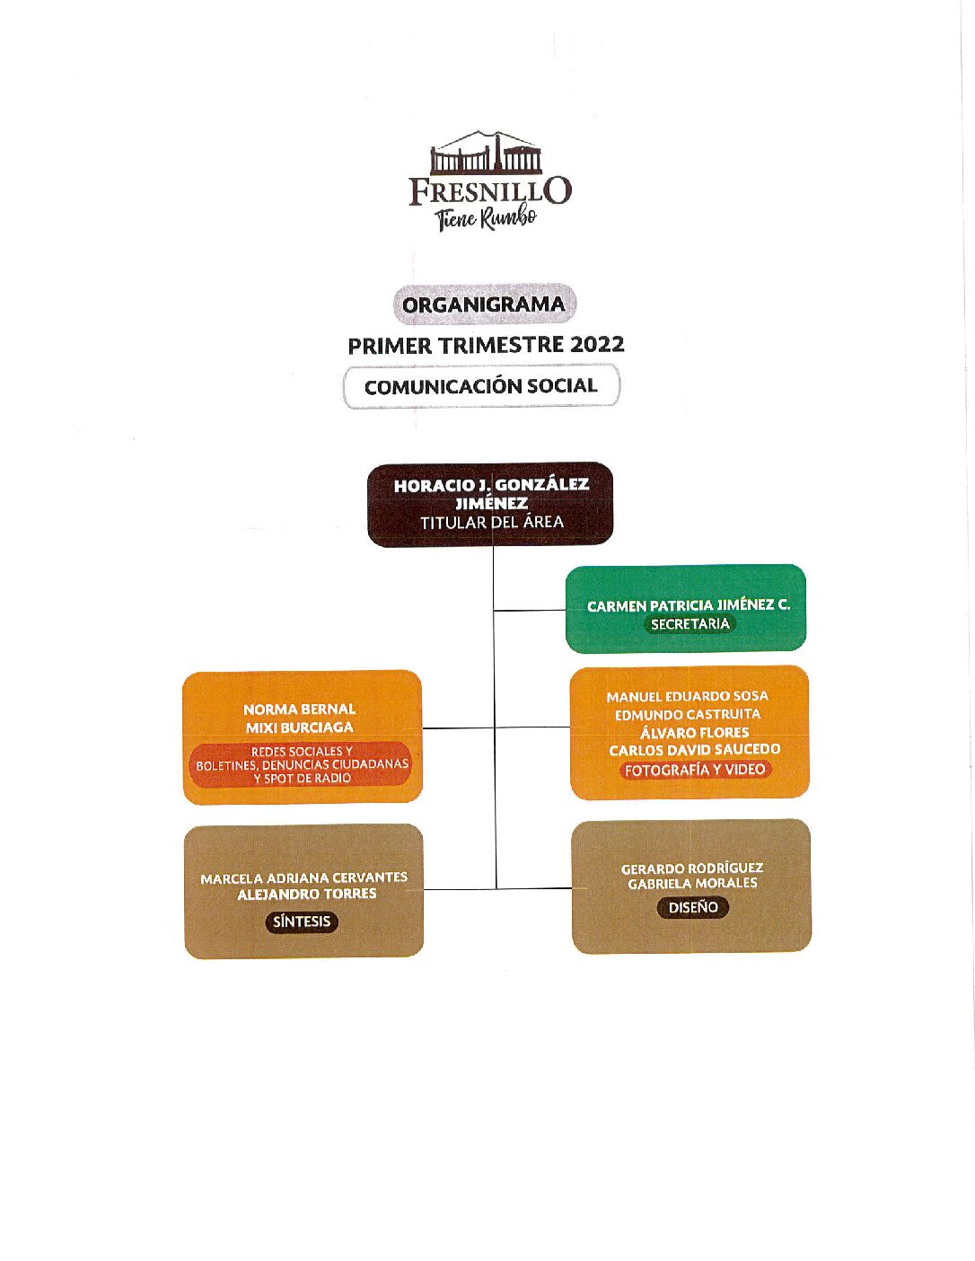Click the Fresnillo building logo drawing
[x=486, y=154]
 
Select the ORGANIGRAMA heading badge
[x=484, y=304]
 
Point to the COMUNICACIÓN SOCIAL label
[x=481, y=386]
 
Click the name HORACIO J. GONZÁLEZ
[x=491, y=485]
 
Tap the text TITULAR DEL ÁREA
[x=492, y=523]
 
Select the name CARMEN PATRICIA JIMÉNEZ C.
[x=689, y=606]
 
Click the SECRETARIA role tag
[x=690, y=624]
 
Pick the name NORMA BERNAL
[x=300, y=710]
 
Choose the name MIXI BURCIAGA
[x=300, y=727]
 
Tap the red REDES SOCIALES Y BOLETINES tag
[x=303, y=765]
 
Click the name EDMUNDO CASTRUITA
[x=688, y=714]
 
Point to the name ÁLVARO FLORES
[x=695, y=732]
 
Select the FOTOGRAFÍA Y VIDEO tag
[x=695, y=770]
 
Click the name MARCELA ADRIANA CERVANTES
[x=304, y=878]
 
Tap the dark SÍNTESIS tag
[x=302, y=921]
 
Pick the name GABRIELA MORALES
[x=692, y=883]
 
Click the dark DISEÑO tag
[x=692, y=907]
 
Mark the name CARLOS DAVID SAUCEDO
[x=694, y=750]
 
